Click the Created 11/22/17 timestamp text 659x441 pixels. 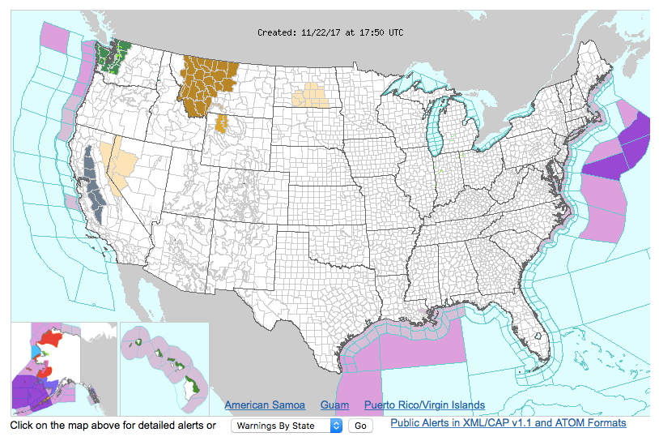pos(329,32)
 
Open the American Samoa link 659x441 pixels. pos(265,405)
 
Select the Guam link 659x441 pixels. pos(334,405)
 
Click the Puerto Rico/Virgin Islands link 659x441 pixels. pos(424,405)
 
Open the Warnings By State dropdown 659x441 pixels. pos(287,426)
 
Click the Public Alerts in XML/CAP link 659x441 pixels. pos(508,423)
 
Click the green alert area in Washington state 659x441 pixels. pos(108,55)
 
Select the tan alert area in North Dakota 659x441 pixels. pos(312,96)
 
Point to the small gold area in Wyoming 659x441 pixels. pos(222,124)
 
